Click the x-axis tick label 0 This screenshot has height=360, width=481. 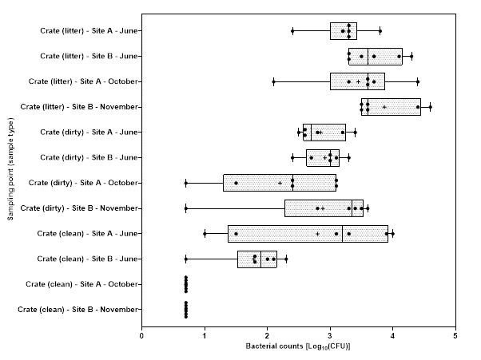(x=141, y=335)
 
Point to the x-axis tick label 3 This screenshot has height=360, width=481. (x=330, y=335)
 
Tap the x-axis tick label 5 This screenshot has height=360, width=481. (x=455, y=335)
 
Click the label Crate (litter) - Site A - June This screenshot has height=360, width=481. (x=90, y=31)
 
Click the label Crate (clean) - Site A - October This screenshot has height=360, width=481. (x=84, y=284)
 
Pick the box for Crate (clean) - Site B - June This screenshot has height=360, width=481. (x=256, y=259)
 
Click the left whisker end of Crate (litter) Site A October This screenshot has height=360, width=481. (x=273, y=81)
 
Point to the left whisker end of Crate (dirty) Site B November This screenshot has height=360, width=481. (x=185, y=208)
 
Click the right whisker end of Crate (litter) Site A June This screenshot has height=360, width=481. (x=380, y=31)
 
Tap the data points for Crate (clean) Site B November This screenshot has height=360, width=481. (x=185, y=310)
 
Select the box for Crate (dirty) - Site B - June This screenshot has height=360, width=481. (x=323, y=157)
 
